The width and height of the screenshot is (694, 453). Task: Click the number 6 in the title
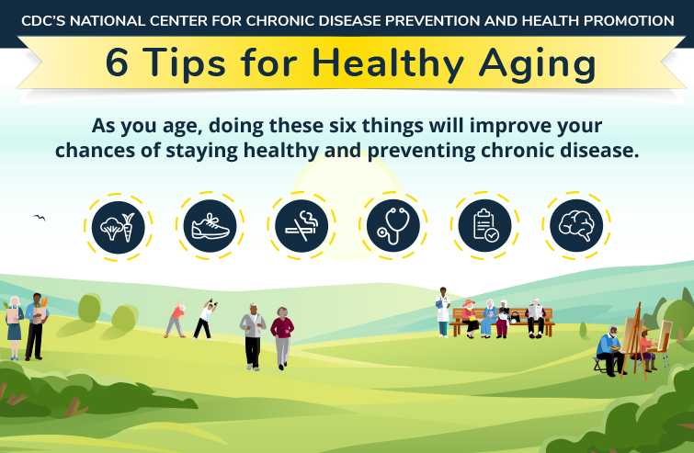click(117, 63)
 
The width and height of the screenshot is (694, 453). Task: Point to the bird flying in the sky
click(39, 218)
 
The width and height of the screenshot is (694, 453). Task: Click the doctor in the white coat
click(443, 311)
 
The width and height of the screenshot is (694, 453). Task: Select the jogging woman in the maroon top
click(282, 335)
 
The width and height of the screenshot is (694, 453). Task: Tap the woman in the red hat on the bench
click(470, 317)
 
